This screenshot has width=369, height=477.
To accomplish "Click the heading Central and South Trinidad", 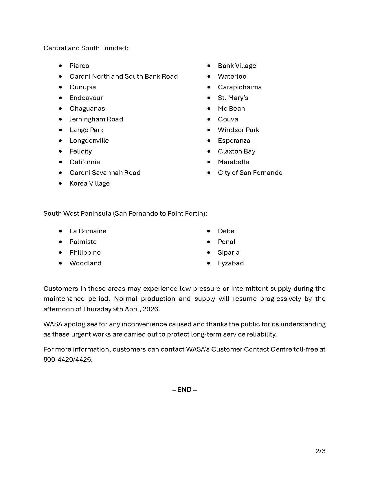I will pos(86,48).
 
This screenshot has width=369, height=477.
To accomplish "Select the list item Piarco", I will pos(79,66).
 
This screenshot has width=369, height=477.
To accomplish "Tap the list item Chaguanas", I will pos(87,109).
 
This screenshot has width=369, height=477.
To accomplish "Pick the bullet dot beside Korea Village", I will pos(60,183).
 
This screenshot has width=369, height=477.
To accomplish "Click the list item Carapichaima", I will pos(240,87).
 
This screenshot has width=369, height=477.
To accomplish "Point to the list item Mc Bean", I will pos(231,109).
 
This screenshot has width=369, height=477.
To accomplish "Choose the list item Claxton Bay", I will pos(236,151).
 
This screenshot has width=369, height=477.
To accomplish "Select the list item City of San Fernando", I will pos(250,173).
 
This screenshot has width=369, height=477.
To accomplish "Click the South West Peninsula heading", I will pos(125,213).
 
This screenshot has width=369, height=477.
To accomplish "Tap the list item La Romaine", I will pos(88,231).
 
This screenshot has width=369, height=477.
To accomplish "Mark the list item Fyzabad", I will pos(231,263).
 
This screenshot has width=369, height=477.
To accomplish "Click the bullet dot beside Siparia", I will pos(209,252).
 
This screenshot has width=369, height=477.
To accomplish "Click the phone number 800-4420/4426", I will pos(68,360).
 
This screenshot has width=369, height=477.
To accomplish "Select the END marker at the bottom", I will pos(185,390).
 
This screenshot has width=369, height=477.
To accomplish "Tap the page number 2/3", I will pos(320,451).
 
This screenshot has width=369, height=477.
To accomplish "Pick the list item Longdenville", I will pos(89,141).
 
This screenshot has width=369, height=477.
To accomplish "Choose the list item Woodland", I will pos(85,263).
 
